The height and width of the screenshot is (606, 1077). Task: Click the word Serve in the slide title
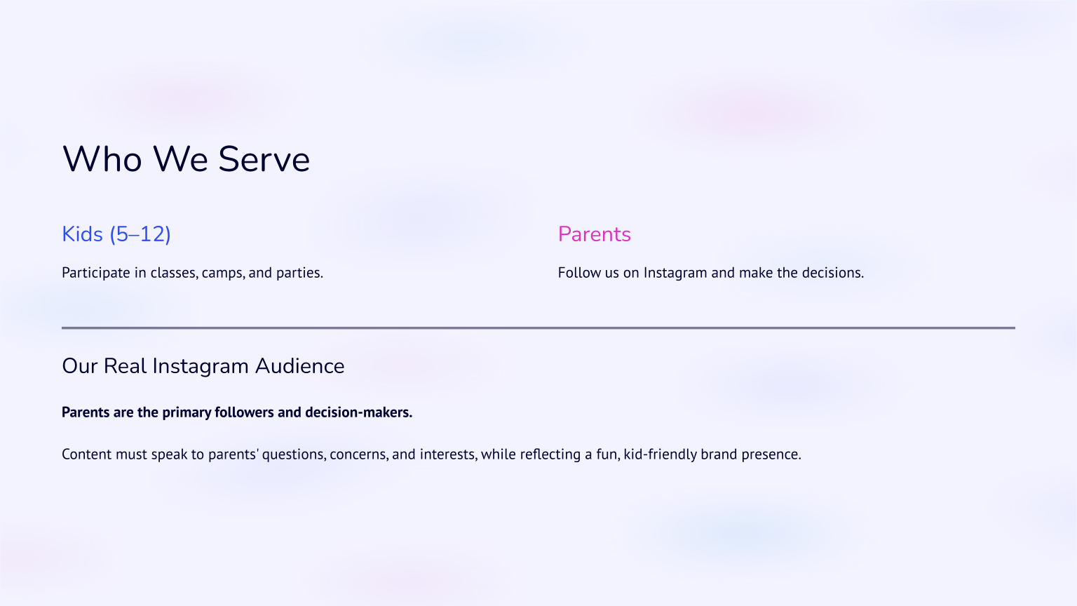click(264, 159)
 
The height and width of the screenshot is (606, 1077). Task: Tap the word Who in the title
click(102, 159)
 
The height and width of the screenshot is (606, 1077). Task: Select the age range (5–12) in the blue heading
click(140, 234)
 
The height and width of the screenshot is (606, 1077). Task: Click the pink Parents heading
click(594, 234)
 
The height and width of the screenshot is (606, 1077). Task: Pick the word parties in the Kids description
click(299, 273)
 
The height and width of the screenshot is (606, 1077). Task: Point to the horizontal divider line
click(538, 328)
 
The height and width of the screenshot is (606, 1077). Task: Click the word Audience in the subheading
click(299, 366)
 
